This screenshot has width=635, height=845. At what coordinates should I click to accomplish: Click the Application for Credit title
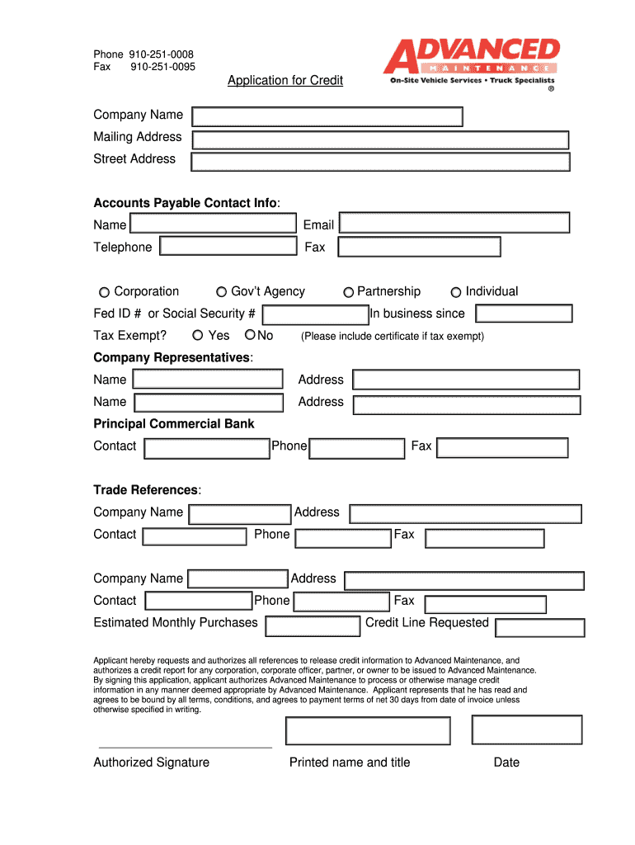pos(285,80)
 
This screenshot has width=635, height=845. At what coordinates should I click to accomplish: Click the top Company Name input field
pos(327,116)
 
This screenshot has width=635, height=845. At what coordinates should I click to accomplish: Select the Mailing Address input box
pos(380,139)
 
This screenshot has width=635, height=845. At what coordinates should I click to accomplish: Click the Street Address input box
pos(380,162)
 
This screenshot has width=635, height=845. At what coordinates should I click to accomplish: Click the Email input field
pos(454,223)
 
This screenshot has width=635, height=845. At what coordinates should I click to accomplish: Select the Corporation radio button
pos(104,292)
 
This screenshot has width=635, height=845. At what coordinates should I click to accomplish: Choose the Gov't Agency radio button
pos(221,292)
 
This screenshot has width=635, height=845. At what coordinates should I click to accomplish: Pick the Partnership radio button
pos(349,292)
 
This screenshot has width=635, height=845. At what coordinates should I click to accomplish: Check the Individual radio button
pos(456,292)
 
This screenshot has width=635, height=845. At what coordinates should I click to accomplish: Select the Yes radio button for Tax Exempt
pos(197,335)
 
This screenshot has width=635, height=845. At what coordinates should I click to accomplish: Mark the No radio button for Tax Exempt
pos(250,335)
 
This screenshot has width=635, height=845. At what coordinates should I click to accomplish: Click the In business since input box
pos(524,314)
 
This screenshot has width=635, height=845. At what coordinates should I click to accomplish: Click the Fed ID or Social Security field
pos(315,314)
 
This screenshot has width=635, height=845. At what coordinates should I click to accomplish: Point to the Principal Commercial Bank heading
pos(174,424)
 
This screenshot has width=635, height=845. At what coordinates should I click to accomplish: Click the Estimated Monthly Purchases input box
pos(313,625)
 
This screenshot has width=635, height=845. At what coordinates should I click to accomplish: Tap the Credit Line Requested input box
pos(539,626)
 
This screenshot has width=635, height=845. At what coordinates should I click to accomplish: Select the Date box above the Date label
pos(526,729)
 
